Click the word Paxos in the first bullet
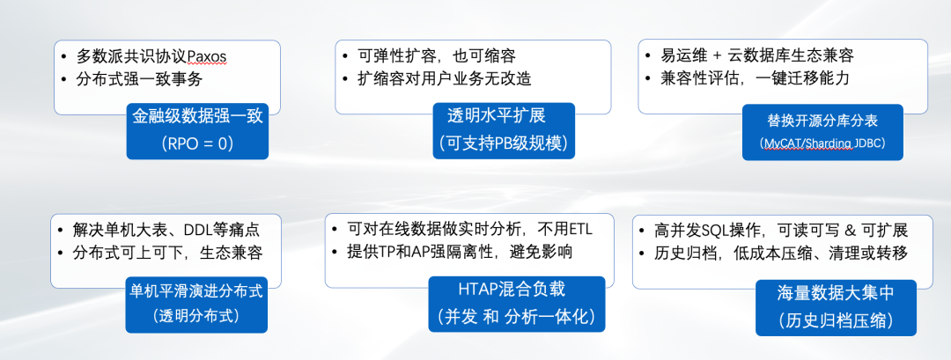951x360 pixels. point(207,56)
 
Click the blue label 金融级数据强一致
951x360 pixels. point(198,116)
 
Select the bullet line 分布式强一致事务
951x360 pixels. point(139,79)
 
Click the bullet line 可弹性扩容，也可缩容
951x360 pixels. point(437,56)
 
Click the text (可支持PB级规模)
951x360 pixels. point(503,143)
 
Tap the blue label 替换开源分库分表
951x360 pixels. point(822,121)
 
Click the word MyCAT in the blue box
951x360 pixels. point(781,143)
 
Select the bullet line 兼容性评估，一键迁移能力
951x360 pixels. point(755,79)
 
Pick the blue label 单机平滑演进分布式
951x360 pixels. point(196,291)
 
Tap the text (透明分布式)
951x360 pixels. point(196,316)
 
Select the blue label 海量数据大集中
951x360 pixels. point(835,293)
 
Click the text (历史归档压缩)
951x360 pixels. point(835,320)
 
